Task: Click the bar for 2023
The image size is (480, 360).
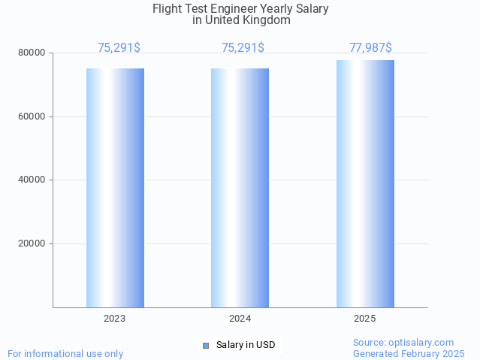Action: [115, 188]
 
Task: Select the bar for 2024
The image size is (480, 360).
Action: [240, 188]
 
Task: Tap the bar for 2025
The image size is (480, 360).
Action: [365, 183]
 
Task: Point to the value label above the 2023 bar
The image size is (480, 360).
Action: [119, 48]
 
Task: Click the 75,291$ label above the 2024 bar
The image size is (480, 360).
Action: [243, 48]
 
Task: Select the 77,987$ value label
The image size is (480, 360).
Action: [370, 48]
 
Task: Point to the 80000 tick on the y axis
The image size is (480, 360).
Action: [32, 53]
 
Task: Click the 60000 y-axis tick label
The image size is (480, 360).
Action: [32, 116]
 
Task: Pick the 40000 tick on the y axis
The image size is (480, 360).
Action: [32, 180]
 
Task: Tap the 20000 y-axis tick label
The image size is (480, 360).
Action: [32, 244]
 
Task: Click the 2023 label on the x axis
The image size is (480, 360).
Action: [115, 319]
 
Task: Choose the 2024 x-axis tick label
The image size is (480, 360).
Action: [240, 319]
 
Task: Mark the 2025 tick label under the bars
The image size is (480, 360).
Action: [365, 319]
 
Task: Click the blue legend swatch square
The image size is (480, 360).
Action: [205, 345]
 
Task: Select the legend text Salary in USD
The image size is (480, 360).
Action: [246, 345]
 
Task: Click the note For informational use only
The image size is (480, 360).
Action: [65, 353]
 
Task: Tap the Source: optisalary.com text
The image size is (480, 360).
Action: [403, 342]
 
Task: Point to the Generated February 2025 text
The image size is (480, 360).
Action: [409, 353]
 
